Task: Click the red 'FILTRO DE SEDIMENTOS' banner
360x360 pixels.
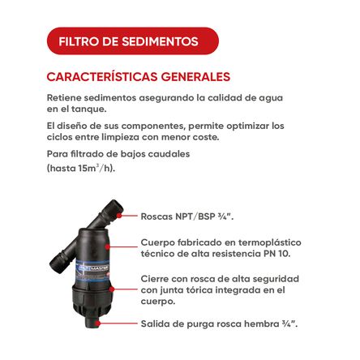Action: coord(127,40)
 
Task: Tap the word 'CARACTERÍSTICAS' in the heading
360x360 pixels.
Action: coord(96,78)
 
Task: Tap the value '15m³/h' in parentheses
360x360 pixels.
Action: coord(96,169)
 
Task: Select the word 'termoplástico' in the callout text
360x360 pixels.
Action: coord(268,242)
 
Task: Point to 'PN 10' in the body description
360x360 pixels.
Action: coord(274,253)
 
